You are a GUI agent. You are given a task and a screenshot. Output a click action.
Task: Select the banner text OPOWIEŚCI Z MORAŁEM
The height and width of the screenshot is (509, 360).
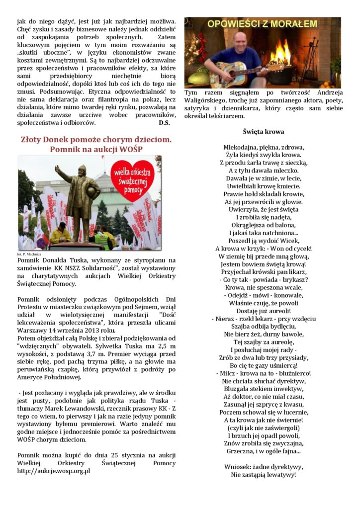coord(263,24)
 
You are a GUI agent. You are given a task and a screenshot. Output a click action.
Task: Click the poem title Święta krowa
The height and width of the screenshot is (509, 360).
coord(264,132)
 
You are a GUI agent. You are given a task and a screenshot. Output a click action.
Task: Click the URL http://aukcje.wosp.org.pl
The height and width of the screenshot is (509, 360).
coord(54,471)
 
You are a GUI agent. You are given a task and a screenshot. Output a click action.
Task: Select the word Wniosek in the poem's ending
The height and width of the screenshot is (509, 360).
coord(238,467)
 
